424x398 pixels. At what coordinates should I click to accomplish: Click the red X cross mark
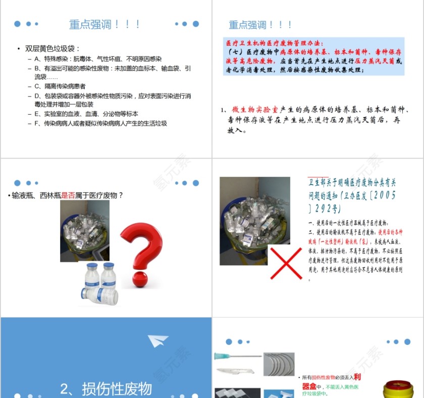click(286, 263)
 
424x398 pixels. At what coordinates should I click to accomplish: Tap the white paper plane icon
click(158, 341)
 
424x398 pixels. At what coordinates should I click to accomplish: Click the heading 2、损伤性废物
click(106, 388)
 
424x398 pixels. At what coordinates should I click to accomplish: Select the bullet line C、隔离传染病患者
click(60, 86)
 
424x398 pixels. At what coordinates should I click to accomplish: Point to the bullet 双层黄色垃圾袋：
click(52, 48)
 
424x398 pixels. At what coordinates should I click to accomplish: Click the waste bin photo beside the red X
click(254, 221)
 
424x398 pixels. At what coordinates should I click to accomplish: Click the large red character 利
click(357, 376)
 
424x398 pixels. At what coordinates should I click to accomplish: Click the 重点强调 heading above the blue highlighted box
click(260, 25)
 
